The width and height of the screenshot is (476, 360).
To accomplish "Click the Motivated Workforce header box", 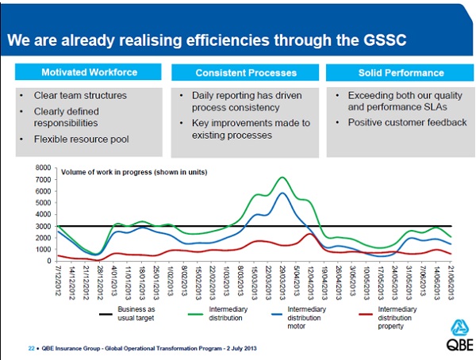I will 90,73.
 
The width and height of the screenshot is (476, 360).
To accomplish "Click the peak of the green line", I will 281,177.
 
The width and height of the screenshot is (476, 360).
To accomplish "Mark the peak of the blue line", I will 281,193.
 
